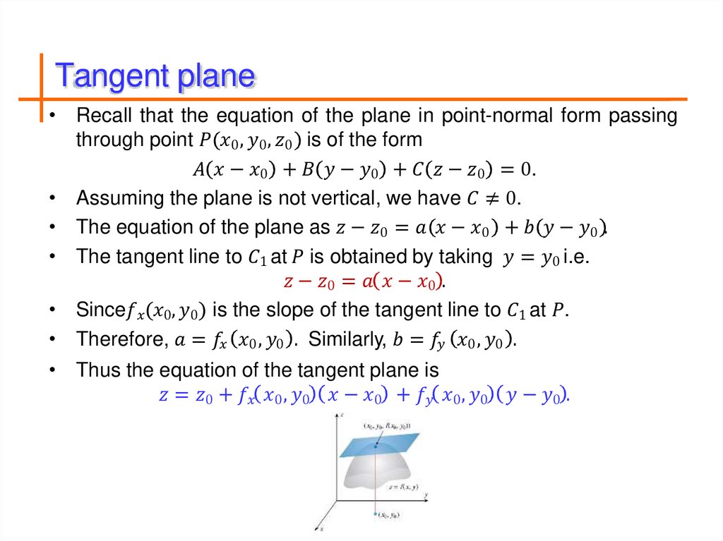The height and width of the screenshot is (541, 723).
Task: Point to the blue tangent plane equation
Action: [x=364, y=396]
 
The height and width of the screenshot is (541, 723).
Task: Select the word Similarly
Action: [x=347, y=339]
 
